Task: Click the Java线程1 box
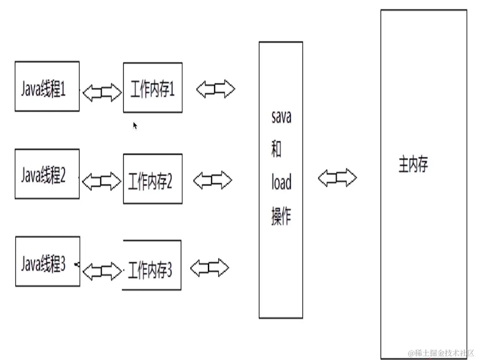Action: [47, 86]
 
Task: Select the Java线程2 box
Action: [47, 174]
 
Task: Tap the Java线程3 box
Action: [47, 261]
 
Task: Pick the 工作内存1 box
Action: [153, 88]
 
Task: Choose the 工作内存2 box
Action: [153, 179]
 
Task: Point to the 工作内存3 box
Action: [152, 265]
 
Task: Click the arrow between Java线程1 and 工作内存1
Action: [102, 92]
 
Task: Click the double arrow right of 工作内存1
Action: [215, 89]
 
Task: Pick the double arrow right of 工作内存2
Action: [213, 180]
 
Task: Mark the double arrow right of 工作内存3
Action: [210, 267]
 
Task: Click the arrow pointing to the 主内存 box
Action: [337, 178]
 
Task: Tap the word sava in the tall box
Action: [281, 117]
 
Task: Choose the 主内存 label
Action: [413, 165]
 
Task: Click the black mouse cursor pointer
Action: [135, 125]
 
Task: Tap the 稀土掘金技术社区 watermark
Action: [441, 353]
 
